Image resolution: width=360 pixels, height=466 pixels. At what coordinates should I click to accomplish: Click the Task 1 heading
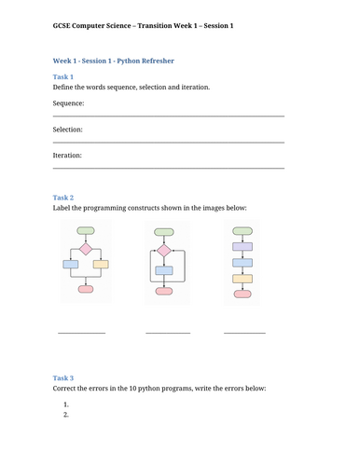click(63, 76)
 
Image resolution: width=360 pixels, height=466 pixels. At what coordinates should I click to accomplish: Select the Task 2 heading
click(63, 198)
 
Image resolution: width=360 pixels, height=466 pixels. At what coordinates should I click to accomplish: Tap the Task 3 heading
click(63, 378)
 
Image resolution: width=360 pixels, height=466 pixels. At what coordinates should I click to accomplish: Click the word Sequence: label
click(68, 103)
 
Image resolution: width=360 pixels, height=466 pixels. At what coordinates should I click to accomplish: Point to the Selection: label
click(68, 130)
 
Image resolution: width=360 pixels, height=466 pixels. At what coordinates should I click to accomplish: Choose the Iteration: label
click(67, 156)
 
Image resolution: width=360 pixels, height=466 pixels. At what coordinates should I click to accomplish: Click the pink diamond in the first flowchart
click(86, 249)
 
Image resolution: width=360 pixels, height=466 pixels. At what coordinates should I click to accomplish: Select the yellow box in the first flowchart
click(101, 265)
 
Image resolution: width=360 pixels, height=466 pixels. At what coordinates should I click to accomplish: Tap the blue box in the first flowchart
click(71, 265)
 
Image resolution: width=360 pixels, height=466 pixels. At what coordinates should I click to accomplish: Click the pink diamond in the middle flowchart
click(164, 251)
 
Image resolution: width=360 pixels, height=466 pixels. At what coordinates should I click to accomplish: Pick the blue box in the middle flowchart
click(164, 270)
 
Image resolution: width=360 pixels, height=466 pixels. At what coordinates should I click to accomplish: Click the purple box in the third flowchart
click(242, 247)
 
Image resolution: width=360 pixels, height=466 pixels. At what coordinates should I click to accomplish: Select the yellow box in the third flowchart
click(242, 279)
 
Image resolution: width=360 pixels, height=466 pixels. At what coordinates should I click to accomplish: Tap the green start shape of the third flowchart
click(242, 231)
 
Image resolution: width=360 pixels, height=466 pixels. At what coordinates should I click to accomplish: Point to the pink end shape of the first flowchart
click(86, 289)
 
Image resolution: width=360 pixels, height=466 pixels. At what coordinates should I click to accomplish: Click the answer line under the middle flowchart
click(168, 334)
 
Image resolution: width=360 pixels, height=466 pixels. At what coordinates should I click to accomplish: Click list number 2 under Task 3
click(66, 415)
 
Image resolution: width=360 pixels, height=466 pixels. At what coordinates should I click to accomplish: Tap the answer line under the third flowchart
click(244, 334)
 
